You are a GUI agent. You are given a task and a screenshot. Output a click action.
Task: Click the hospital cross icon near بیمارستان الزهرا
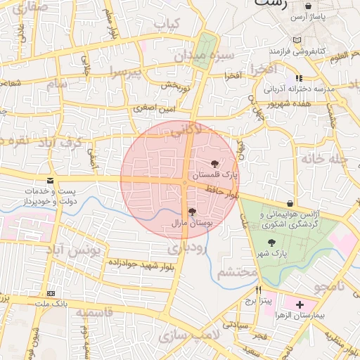coord(301,305)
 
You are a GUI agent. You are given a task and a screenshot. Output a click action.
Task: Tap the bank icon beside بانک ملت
coord(51,293)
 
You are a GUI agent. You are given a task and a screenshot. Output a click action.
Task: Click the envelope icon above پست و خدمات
coord(51,181)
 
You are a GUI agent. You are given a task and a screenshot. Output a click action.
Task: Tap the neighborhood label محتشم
coord(236,272)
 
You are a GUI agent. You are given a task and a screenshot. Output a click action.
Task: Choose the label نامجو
coord(330,287)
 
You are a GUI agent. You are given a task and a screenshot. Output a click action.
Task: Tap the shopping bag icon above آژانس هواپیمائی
coord(290,202)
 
